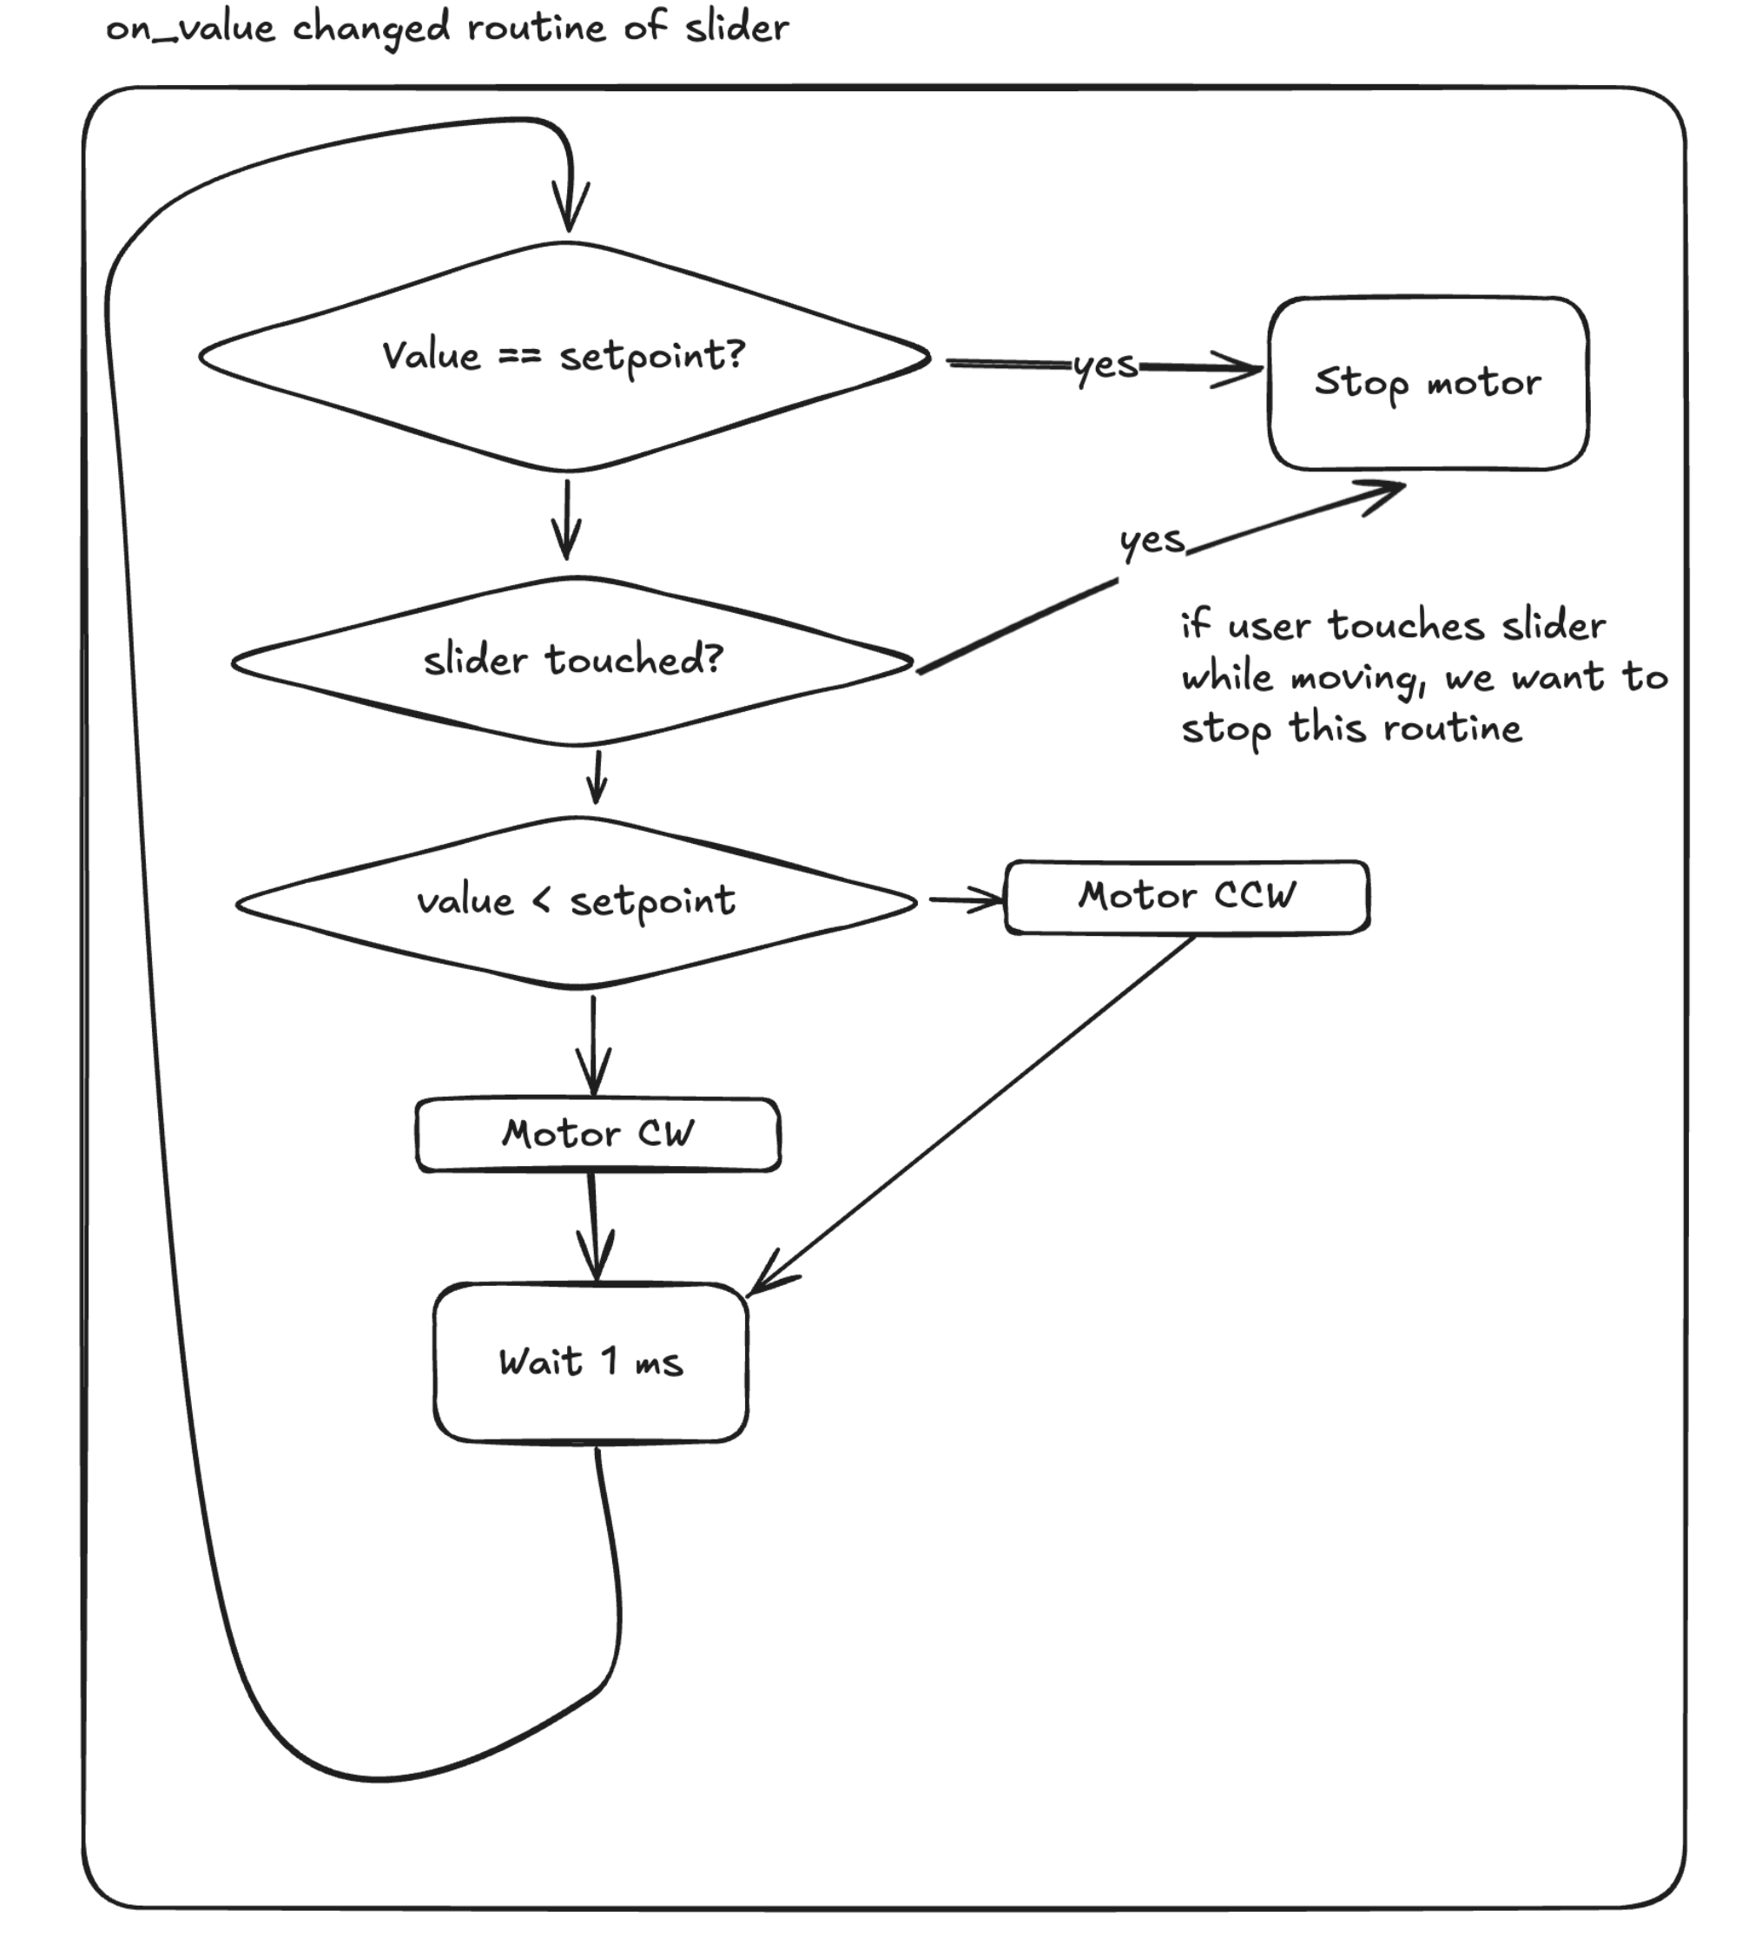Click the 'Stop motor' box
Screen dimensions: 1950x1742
1427,383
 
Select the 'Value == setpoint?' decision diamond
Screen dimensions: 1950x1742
564,357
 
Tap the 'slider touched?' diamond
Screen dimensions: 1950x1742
572,660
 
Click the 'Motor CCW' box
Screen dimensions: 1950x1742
1186,897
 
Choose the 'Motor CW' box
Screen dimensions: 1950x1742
597,1134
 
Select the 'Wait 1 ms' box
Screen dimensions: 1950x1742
591,1361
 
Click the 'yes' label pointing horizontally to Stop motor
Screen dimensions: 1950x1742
1105,366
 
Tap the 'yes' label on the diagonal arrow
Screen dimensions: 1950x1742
1152,541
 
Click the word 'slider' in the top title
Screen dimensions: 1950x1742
736,27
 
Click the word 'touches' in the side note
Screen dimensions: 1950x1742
1406,626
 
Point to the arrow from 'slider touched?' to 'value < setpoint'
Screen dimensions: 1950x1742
597,778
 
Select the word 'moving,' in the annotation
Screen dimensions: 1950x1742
1358,678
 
